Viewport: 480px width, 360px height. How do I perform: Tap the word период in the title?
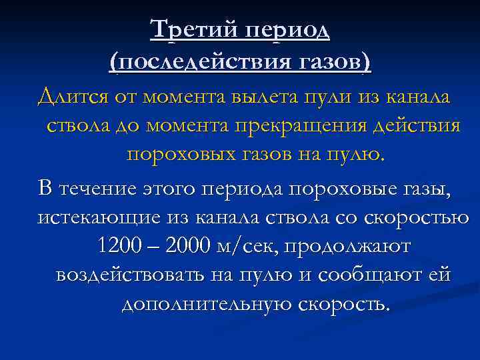click(x=287, y=31)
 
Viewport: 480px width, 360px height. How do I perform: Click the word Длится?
click(x=69, y=97)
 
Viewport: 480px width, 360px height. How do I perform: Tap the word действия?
click(x=419, y=126)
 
